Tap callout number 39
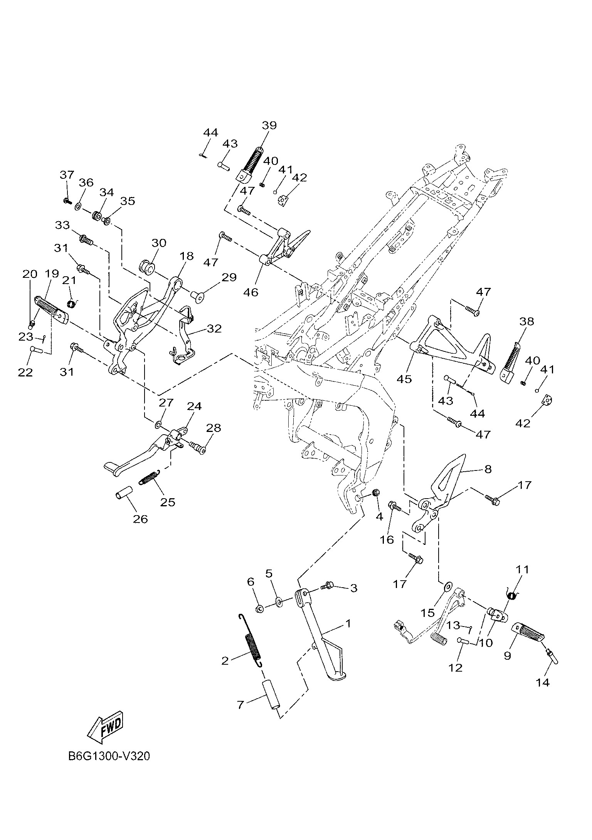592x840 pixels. [x=269, y=125]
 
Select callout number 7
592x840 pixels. [x=240, y=705]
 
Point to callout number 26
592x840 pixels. [x=140, y=519]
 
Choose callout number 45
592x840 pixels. [x=405, y=379]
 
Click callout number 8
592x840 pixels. [x=488, y=469]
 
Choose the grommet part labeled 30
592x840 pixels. [x=146, y=267]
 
